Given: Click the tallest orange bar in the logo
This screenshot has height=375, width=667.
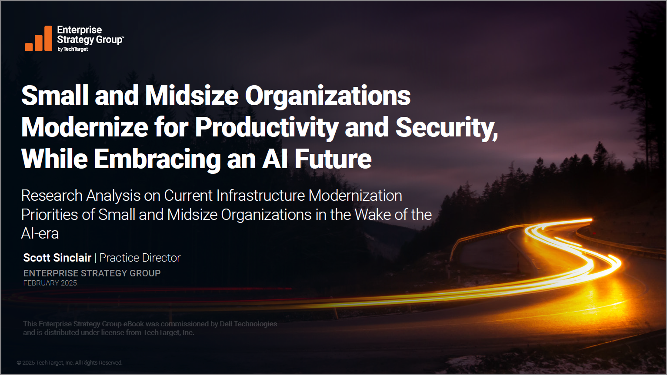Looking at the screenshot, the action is pos(48,38).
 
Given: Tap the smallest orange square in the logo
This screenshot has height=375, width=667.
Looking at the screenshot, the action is pos(29,47).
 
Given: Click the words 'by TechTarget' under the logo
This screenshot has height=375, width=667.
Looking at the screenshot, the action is pos(73,49).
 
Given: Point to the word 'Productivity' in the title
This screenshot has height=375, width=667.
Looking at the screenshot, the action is pos(267,128).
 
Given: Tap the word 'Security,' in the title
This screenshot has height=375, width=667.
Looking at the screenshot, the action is pos(447,128).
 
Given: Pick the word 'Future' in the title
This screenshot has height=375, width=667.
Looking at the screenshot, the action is pos(333,159).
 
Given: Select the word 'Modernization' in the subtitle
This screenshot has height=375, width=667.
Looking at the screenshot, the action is pos(355,196).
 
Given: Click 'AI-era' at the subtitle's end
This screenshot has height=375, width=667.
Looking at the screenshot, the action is pos(40,233).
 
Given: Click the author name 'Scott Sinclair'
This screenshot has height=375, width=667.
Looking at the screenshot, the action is pos(57,258).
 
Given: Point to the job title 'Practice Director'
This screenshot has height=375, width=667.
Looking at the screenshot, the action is pos(140,258).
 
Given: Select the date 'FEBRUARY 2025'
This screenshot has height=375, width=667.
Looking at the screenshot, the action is pos(50,283).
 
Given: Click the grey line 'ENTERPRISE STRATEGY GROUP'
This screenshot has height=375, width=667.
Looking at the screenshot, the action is pos(92,273).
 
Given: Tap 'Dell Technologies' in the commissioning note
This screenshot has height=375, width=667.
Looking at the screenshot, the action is pos(248,324).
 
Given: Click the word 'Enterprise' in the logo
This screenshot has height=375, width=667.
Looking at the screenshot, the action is pos(80,30).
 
